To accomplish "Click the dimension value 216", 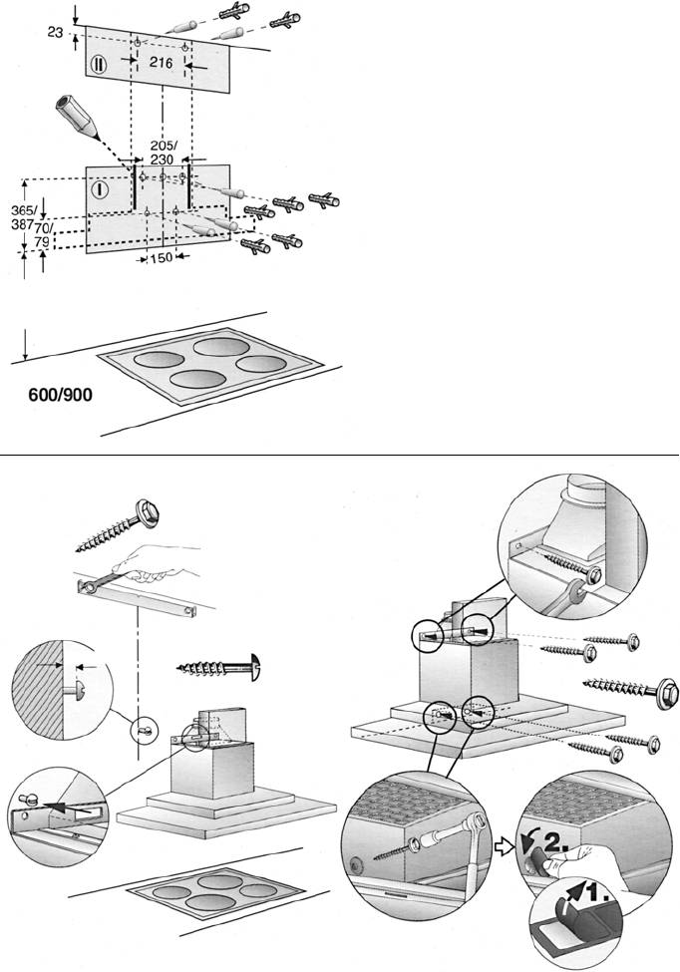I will (x=162, y=62).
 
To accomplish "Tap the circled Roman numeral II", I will (x=100, y=63).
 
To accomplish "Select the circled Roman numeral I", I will (x=100, y=188).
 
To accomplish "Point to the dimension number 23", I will (x=55, y=33).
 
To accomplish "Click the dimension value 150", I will (x=162, y=258).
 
